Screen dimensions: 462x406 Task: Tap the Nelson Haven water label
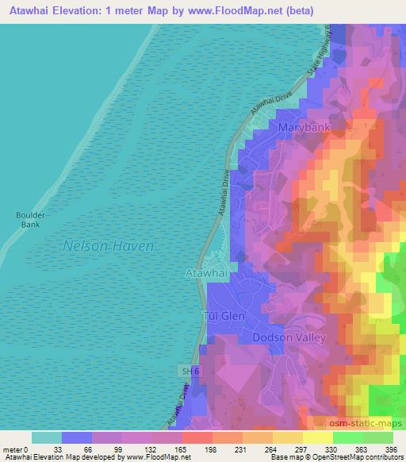(x=108, y=246)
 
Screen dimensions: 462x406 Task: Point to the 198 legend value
(x=212, y=449)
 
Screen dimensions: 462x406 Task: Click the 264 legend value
(x=271, y=449)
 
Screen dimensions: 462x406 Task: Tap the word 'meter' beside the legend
(x=13, y=449)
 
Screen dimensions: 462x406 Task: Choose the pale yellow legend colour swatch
(x=317, y=437)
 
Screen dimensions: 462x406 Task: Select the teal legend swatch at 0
(x=47, y=437)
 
